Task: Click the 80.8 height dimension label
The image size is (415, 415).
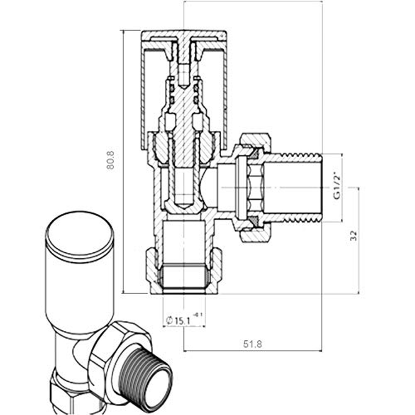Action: tap(110, 160)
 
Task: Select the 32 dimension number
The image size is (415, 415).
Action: tap(353, 236)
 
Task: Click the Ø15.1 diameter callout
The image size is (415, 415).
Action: tap(178, 321)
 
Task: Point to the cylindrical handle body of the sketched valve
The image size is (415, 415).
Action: tap(79, 290)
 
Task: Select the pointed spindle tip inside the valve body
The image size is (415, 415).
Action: tap(183, 204)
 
